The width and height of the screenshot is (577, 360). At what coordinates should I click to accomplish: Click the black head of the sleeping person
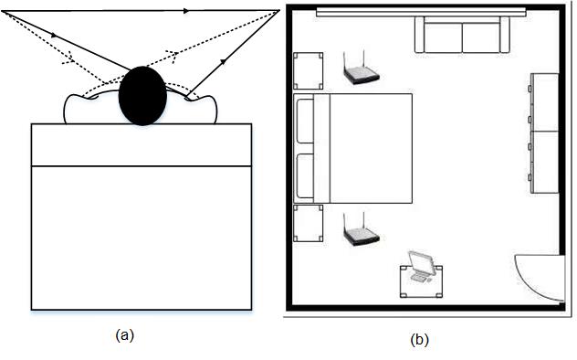click(x=142, y=94)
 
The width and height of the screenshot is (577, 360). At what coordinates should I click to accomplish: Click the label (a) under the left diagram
click(x=126, y=334)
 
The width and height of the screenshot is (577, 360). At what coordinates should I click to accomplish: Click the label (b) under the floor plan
click(x=419, y=340)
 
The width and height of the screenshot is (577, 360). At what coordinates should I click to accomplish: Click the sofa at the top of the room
click(x=462, y=37)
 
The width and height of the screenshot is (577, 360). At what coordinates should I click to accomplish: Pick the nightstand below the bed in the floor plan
click(x=309, y=224)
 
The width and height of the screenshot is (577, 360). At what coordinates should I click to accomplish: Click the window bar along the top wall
click(x=422, y=11)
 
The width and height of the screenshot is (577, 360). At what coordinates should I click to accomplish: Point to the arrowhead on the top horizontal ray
click(x=186, y=12)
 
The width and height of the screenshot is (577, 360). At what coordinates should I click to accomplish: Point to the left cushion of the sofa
click(x=441, y=37)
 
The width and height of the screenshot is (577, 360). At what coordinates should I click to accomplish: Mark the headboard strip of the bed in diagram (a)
click(x=142, y=145)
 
